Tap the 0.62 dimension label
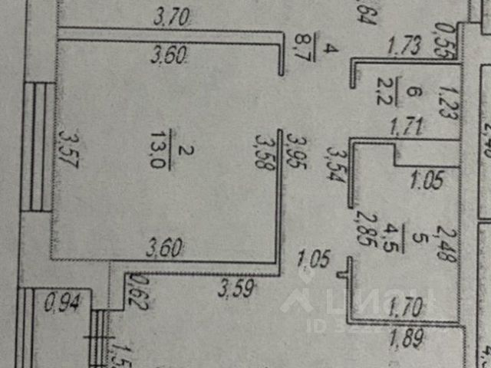pos(139,291)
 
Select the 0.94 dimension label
pos(59,304)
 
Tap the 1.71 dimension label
pos(407,126)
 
